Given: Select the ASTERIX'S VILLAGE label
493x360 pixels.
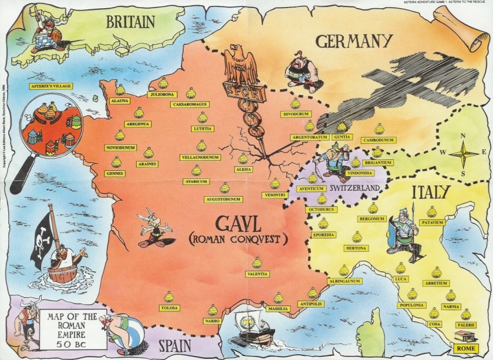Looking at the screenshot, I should [50, 86].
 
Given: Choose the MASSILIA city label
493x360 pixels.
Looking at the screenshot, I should [278, 308].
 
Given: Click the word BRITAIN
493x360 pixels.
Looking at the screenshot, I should [130, 22].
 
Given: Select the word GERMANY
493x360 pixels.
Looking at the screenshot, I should [353, 41].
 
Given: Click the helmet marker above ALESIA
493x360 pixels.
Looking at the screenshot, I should [243, 158].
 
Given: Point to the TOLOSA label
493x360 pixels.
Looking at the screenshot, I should [169, 308].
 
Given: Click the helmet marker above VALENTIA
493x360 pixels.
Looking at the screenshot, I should [257, 263].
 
